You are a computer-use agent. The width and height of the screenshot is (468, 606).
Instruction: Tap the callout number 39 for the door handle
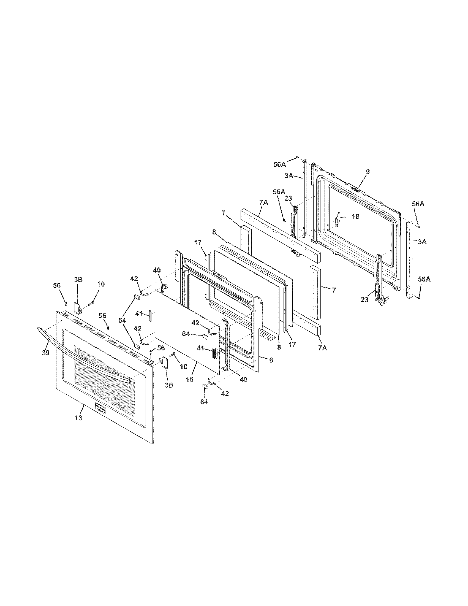(x=46, y=353)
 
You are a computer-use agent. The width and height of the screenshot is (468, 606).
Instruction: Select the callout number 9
(x=368, y=172)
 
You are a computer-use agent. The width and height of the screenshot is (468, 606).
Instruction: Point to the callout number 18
(x=355, y=217)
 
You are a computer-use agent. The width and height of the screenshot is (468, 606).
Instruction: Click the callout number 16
(x=189, y=379)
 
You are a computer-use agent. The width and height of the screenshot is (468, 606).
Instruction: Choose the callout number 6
(x=271, y=360)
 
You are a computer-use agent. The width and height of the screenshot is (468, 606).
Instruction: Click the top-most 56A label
(x=279, y=164)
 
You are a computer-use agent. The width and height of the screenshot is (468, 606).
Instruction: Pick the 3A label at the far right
(x=422, y=242)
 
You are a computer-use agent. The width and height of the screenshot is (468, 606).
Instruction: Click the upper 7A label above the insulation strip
(x=264, y=202)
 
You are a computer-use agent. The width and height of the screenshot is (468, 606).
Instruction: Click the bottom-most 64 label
(x=204, y=402)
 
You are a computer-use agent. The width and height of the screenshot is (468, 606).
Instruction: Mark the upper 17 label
(x=197, y=243)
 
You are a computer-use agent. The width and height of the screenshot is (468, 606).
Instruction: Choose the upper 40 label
(x=157, y=270)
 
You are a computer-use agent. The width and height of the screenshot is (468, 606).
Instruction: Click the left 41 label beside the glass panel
(x=139, y=314)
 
